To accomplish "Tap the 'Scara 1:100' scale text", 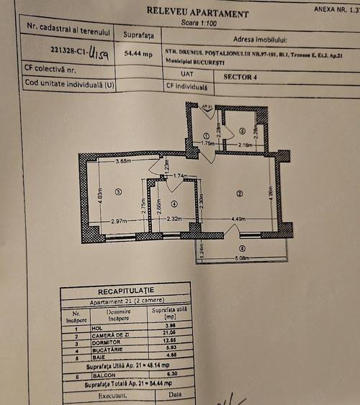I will click(x=183, y=23).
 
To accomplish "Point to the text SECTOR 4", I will click(x=238, y=74).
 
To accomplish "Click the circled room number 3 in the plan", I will click(x=118, y=191).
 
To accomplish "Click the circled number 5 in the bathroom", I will click(x=243, y=131).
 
